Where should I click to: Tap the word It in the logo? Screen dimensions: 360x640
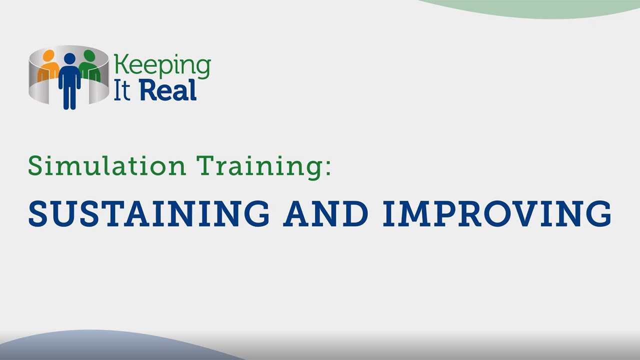point(122,91)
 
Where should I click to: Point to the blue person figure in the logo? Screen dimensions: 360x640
point(69,80)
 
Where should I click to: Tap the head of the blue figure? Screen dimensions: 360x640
point(69,59)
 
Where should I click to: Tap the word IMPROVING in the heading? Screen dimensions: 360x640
point(497,213)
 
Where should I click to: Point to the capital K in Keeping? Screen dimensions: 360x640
point(120,65)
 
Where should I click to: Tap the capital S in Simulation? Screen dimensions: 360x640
point(35,165)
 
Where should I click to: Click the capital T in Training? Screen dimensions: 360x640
point(204,165)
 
